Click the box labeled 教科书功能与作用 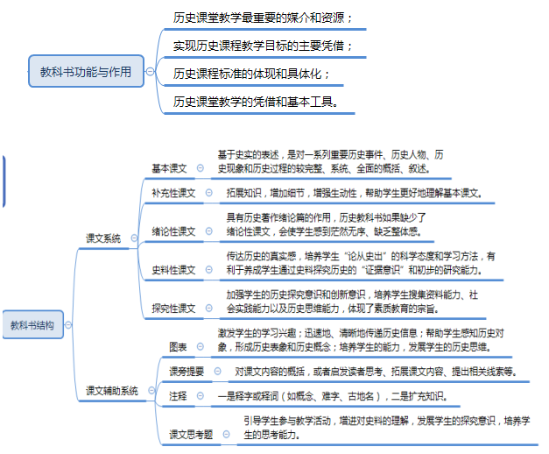(86, 71)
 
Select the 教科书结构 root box (32, 324)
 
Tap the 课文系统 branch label (103, 238)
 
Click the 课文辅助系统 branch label (112, 391)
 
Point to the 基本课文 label (169, 168)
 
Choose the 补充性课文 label (173, 193)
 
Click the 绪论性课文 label (173, 231)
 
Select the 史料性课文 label (173, 270)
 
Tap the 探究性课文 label (173, 309)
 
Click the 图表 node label (178, 347)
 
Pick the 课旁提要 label (187, 372)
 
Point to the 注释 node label (178, 396)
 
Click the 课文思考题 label (191, 435)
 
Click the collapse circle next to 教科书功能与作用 (151, 72)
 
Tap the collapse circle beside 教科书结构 (68, 325)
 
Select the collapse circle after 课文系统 (134, 238)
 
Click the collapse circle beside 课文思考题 (226, 435)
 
